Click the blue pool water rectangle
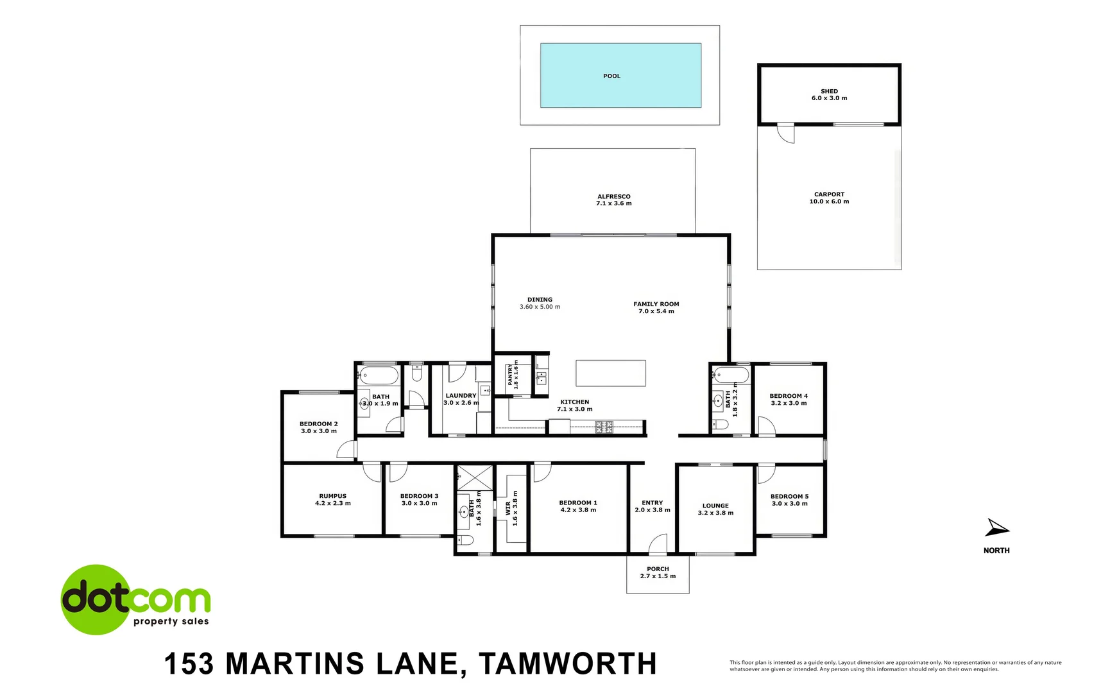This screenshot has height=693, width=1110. [x=620, y=75]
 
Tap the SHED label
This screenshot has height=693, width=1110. [x=829, y=92]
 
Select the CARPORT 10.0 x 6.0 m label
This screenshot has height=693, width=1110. [x=829, y=198]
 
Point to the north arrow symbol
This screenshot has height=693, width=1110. [x=996, y=528]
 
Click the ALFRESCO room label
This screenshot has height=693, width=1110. [x=614, y=197]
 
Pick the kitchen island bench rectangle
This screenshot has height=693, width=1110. [x=610, y=373]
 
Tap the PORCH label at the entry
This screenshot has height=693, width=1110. [x=658, y=569]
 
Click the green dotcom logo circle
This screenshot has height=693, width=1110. [x=96, y=599]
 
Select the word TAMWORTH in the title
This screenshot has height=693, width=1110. [x=568, y=664]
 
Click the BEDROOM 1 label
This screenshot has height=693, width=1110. [x=577, y=503]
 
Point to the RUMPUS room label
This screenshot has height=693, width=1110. [x=332, y=496]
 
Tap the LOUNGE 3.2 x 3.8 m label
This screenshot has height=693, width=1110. [x=715, y=509]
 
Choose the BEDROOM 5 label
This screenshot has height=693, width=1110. [x=789, y=497]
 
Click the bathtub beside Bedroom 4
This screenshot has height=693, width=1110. [x=731, y=375]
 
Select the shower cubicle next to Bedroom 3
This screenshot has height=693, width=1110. [x=474, y=478]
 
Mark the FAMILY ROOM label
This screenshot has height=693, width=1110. [x=656, y=304]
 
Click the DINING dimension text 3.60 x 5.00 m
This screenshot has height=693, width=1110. [x=540, y=307]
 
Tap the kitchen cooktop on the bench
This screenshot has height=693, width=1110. [x=604, y=426]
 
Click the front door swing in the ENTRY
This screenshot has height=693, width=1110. [x=658, y=544]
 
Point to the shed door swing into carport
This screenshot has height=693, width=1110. [x=785, y=133]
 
